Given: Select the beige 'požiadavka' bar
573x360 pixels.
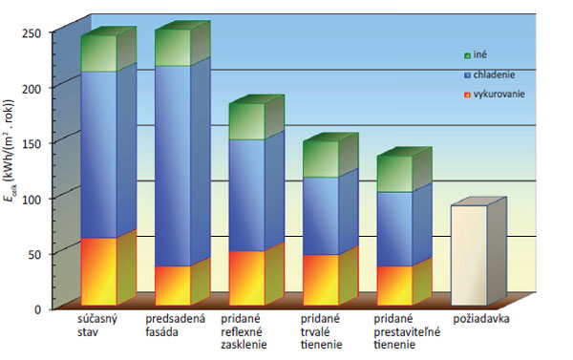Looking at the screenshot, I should pos(469,255).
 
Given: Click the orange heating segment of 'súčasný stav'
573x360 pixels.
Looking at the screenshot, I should pos(98,271).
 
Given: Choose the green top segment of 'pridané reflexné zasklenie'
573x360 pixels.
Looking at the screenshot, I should pos(246,121).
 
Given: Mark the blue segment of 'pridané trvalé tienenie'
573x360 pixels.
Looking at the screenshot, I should pos(320,216).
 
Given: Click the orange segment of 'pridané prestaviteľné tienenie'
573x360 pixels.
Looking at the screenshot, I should pos(393,286).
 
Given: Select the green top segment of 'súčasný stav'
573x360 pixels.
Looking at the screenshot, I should pos(98,53).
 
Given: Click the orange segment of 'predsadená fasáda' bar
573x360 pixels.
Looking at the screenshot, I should pos(173,286).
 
